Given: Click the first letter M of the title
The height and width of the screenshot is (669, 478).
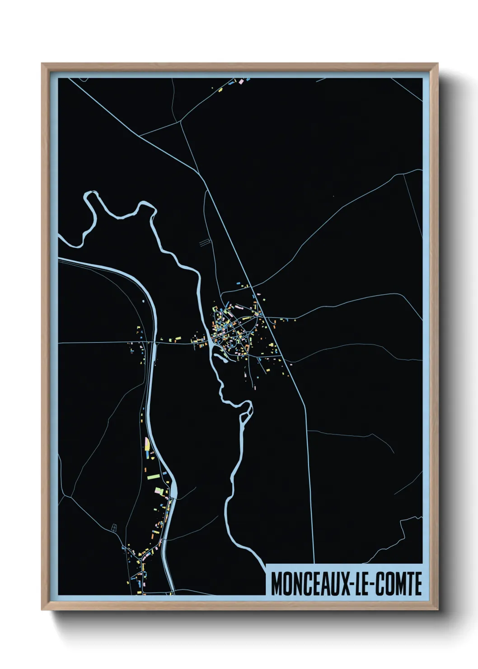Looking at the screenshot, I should [x=276, y=584].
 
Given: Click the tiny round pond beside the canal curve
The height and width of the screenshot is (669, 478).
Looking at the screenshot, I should [x=143, y=300].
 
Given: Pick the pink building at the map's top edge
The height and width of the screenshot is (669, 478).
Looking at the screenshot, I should [x=241, y=81].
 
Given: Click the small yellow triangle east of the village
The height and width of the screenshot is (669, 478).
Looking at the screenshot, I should [x=295, y=320].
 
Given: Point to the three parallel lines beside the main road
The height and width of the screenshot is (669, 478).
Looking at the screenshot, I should [x=205, y=243].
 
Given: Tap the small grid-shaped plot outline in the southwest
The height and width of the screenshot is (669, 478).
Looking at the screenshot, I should [x=114, y=527].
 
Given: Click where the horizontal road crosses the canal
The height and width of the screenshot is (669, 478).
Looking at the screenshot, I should [x=154, y=343].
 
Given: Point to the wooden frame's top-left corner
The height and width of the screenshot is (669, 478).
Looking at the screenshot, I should [x=43, y=65].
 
